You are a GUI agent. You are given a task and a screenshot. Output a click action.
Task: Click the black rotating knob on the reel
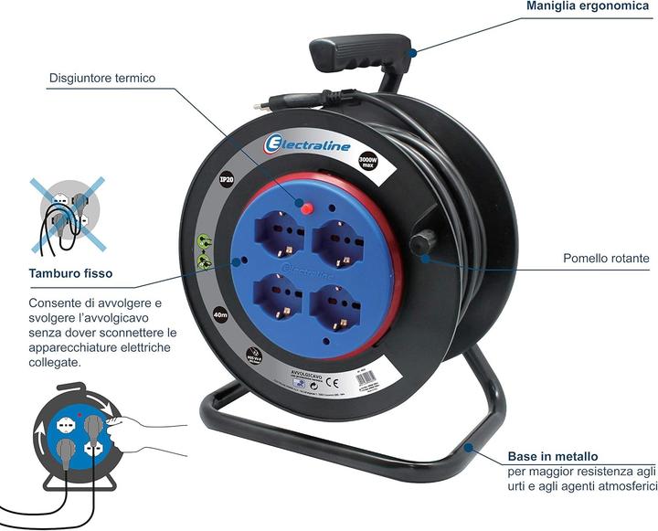(x=422, y=245)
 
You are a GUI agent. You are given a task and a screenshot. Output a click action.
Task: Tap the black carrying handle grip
(x=359, y=53)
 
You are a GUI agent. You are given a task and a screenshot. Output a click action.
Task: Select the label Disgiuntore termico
(x=101, y=78)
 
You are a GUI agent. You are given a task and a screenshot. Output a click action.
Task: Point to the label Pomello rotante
(x=606, y=260)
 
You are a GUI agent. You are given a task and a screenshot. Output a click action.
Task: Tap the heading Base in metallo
(x=553, y=456)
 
